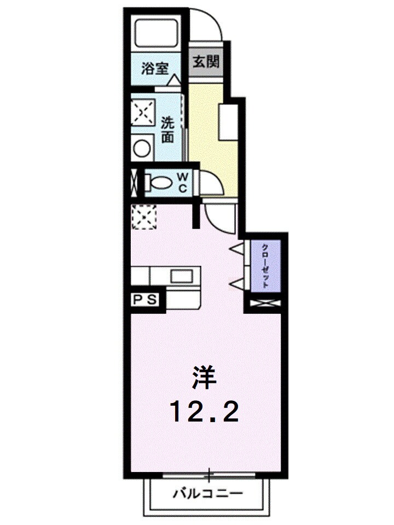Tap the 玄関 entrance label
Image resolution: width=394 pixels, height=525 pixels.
point(206,61)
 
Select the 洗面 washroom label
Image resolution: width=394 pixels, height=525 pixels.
point(168,130)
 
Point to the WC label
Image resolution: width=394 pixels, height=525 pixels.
point(184,182)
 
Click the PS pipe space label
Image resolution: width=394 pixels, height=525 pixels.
point(145,299)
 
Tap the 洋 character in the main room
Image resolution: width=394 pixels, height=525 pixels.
point(204,378)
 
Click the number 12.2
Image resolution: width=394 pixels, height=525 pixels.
point(205,411)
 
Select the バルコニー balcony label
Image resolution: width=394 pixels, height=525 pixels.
point(207,494)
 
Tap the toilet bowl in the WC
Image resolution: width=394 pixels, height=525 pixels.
point(160,182)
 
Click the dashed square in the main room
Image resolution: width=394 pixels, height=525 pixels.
point(144,216)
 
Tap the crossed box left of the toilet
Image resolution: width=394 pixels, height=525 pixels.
point(134,182)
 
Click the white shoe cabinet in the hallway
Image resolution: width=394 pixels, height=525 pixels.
point(227,121)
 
